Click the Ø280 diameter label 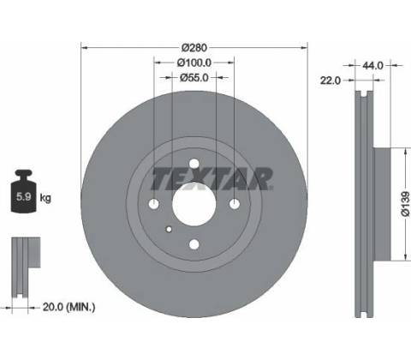coord(194,47)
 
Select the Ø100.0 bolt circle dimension coord(194,63)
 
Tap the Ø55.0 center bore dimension coord(194,77)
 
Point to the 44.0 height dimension coord(372,66)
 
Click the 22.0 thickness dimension coord(331,81)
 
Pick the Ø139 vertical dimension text coord(405,204)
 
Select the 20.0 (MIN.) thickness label coord(68,307)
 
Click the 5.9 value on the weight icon coord(23,196)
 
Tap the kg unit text coord(45,197)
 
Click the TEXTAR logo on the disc coord(211,179)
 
